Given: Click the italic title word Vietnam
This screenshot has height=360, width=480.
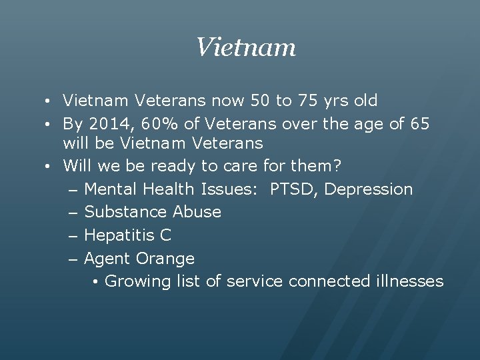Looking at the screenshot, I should pos(245,47).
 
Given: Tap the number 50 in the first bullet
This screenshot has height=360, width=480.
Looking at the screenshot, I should pos(261,101).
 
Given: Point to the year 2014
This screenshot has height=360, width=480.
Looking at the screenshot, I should pos(109,123).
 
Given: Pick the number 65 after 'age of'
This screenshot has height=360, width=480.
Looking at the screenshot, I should pos(419,123).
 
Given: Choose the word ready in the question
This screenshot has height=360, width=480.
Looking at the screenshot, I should pos(173,166).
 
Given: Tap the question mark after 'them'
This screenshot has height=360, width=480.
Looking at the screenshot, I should pos(337,166).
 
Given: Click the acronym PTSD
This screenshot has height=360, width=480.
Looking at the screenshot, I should pos(295,189).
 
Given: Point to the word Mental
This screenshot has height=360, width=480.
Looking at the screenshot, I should pos(111,189).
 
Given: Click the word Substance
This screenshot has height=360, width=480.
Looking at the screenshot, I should pos(126,212).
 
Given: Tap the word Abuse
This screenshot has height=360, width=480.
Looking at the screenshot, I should pos(197,212).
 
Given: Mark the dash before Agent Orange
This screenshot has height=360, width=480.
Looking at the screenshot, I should pos(73,259).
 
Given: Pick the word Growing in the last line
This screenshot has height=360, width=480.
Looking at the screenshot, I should pos(138,281).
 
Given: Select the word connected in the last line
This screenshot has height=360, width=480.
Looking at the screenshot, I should pos(329,281).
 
